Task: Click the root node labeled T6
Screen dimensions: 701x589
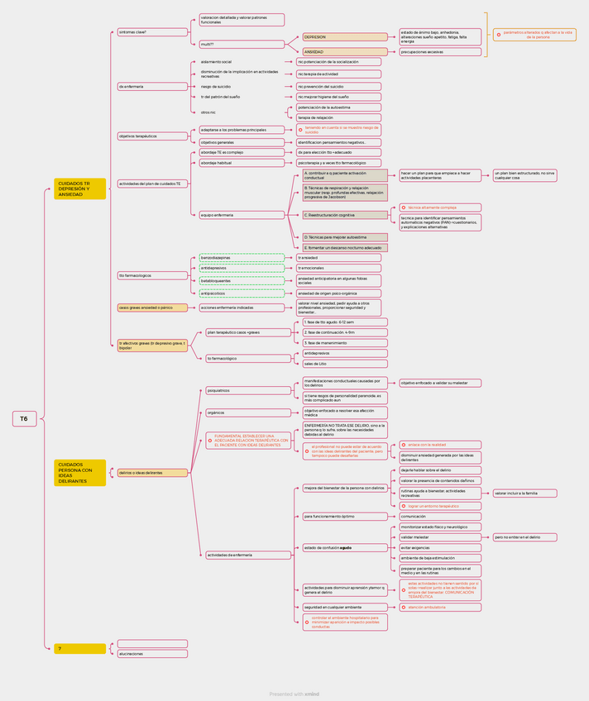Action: [x=24, y=419]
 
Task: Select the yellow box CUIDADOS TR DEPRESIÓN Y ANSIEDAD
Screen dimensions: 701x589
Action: [x=80, y=188]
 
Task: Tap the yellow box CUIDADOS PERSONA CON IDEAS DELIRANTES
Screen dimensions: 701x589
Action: [x=80, y=473]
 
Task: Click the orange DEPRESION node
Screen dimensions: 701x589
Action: [x=344, y=37]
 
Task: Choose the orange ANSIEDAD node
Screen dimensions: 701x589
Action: [x=344, y=52]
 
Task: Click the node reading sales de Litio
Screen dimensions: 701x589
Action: [x=344, y=364]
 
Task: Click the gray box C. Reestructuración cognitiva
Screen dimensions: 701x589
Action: [x=344, y=215]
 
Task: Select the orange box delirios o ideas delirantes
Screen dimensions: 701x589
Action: [x=152, y=473]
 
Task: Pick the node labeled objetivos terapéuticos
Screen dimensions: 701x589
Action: [x=152, y=136]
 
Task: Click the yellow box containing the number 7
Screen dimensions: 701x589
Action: [x=80, y=649]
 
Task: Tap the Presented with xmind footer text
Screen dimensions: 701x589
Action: [x=294, y=694]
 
